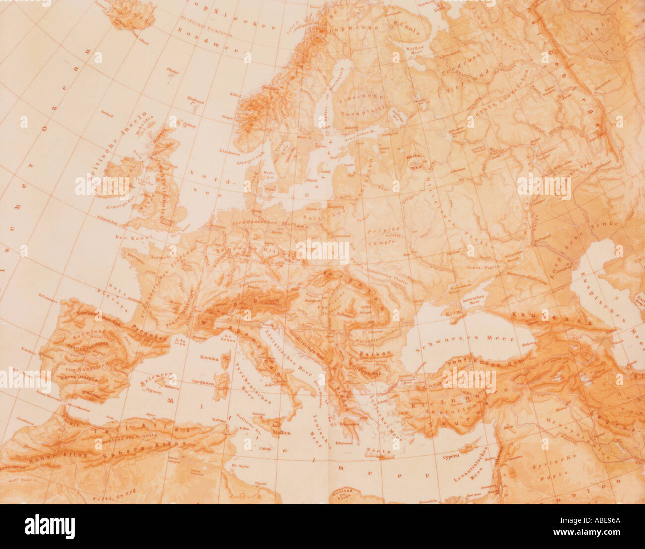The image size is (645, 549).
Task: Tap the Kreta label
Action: pos(373,451)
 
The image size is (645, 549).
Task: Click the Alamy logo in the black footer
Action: pos(50,527)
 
